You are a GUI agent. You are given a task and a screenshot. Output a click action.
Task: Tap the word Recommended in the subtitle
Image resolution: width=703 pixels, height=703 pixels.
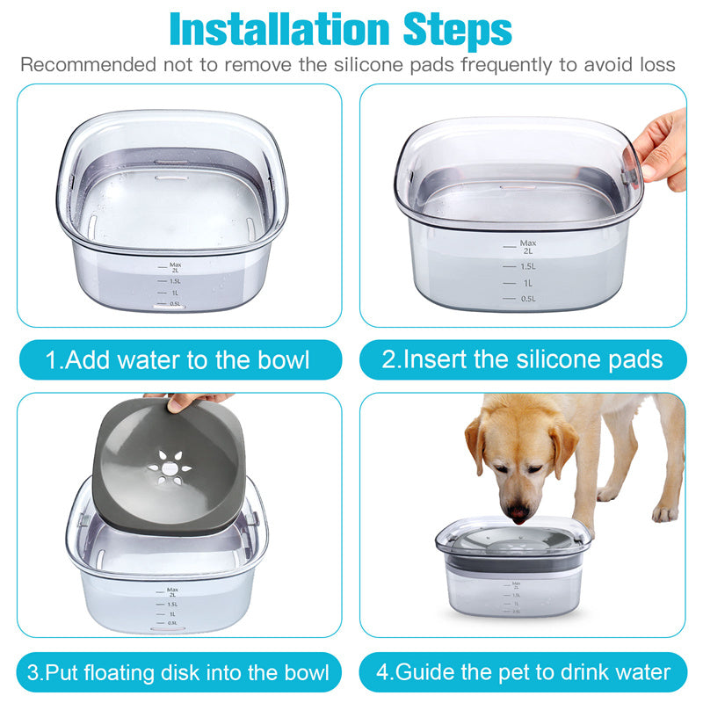click(87, 65)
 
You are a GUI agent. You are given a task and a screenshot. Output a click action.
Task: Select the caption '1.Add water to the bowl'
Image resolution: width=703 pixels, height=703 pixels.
click(178, 359)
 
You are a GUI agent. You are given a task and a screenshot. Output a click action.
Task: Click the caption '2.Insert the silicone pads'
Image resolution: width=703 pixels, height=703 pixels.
click(522, 359)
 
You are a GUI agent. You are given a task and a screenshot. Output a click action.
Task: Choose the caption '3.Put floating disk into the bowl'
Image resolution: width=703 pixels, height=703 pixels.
click(178, 673)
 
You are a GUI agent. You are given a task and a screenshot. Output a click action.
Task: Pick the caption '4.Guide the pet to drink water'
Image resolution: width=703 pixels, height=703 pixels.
click(524, 673)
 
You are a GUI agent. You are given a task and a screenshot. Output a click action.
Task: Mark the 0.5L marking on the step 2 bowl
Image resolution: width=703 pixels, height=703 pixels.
click(527, 299)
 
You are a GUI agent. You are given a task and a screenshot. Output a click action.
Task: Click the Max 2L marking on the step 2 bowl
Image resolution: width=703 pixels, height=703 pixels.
click(527, 246)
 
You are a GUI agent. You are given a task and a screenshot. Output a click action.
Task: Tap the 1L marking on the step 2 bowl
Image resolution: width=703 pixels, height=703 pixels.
click(527, 283)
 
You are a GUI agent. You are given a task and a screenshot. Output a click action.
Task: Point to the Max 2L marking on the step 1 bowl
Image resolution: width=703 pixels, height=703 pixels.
click(173, 267)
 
